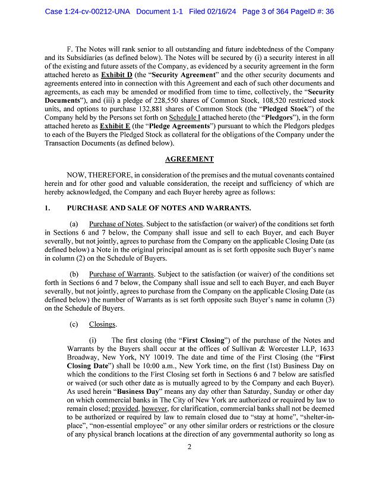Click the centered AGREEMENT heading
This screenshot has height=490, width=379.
[x=189, y=159]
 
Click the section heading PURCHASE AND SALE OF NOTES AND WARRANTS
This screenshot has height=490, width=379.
[x=159, y=208]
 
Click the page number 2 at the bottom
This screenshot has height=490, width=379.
[x=189, y=463]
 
